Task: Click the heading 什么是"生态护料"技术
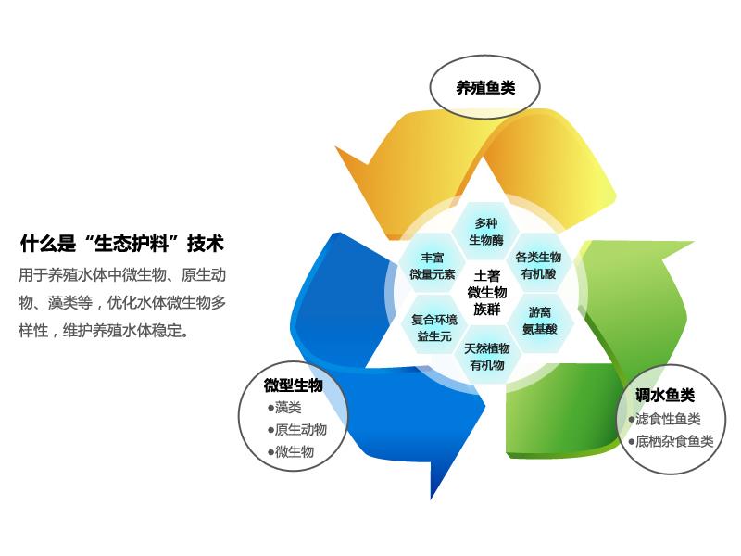point(122,244)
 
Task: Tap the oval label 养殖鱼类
point(484,87)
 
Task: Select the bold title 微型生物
point(293,385)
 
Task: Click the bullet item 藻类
point(284,407)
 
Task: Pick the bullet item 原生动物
point(297,429)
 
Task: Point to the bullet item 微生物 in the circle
point(291,451)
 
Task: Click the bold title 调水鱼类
point(665,395)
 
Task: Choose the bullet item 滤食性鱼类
point(664,419)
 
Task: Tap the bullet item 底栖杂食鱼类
point(671,441)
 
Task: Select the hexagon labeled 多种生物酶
point(486,232)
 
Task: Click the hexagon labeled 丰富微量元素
point(433,266)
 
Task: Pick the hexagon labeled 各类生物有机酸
point(538,265)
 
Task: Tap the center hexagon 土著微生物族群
point(487,292)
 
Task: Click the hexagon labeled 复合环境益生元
point(434,328)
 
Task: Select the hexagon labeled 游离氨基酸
point(540,321)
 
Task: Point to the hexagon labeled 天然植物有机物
point(487,357)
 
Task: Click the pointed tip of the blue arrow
point(431,499)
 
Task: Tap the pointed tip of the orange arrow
point(336,147)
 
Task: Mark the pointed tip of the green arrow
point(693,243)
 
